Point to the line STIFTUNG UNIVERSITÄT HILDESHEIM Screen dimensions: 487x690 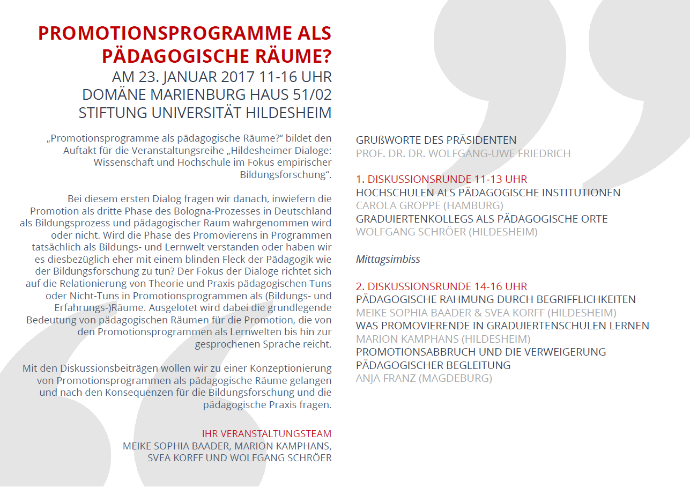(205, 113)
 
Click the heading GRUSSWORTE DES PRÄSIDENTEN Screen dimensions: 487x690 (436, 141)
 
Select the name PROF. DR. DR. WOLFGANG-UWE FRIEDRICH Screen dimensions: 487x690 (463, 153)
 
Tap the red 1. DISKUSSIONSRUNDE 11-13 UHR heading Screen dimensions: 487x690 (441, 179)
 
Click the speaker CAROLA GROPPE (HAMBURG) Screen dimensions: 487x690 (429, 205)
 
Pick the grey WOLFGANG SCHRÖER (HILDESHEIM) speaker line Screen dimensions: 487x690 (446, 232)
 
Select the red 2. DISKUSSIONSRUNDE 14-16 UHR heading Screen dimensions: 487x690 (441, 286)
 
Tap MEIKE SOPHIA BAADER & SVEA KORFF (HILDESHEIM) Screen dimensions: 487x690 (486, 313)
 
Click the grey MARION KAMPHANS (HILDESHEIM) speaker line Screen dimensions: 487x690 (443, 339)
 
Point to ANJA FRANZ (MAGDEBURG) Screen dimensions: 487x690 (424, 378)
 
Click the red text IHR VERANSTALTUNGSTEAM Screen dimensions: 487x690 (266, 433)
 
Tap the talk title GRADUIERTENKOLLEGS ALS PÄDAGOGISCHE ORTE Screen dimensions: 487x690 (481, 219)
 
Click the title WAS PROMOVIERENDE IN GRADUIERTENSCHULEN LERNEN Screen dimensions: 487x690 (502, 326)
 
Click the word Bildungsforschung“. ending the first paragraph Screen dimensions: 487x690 (285, 174)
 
